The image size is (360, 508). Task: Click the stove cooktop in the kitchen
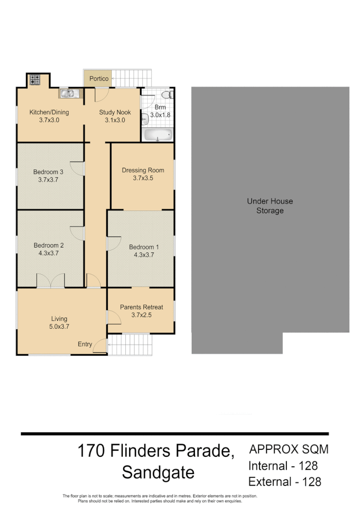35,80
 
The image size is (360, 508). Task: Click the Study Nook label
115,113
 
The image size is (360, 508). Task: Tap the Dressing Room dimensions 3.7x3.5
142,178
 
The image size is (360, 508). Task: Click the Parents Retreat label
141,307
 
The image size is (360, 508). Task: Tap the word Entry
85,344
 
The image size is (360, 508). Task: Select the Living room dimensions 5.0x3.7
59,327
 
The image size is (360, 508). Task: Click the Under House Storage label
270,206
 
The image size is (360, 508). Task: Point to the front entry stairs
130,345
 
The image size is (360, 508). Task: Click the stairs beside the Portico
132,78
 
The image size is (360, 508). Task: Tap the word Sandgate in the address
158,473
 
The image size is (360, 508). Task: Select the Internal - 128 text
283,465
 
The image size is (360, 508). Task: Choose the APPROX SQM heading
289,449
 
